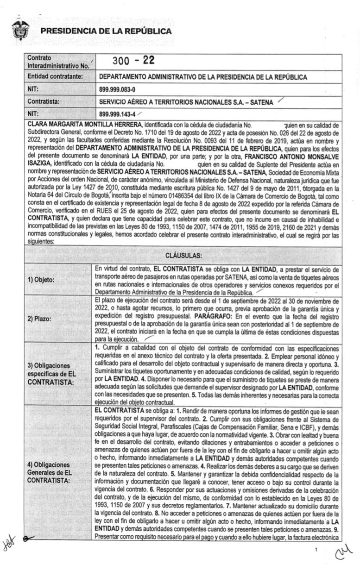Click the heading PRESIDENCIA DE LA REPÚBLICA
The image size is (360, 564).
tap(106, 31)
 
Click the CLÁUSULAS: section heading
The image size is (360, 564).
tap(183, 255)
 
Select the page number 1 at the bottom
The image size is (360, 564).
tap(316, 549)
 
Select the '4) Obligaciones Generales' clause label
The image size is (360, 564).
tap(49, 472)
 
